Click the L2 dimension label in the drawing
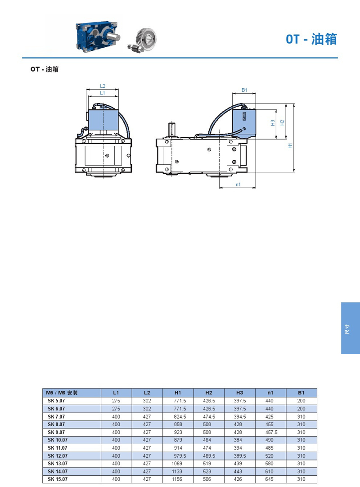click(x=103, y=86)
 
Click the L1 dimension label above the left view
click(x=103, y=93)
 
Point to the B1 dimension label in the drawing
click(x=244, y=90)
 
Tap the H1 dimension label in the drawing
click(x=290, y=145)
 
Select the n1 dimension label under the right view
click(x=238, y=185)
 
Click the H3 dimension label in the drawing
click(x=273, y=123)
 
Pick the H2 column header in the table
click(x=209, y=393)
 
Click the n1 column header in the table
click(x=270, y=393)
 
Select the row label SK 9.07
click(x=56, y=433)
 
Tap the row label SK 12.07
click(x=58, y=456)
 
